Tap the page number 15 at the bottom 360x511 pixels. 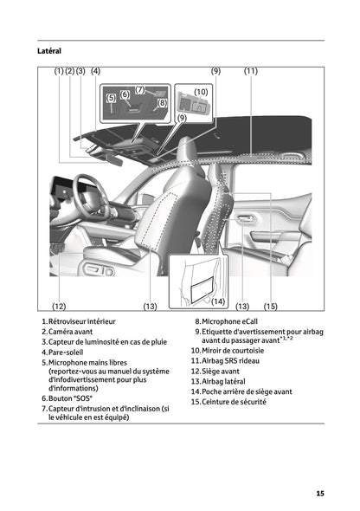pos(319,494)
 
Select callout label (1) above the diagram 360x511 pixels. pos(59,71)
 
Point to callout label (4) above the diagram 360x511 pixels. pos(94,71)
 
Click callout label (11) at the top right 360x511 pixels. pos(251,71)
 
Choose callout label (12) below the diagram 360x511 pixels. pos(59,307)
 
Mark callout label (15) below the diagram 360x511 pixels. pos(270,307)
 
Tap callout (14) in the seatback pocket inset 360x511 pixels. pos(218,301)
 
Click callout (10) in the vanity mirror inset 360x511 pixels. pos(200,91)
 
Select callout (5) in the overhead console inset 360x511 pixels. pos(111,99)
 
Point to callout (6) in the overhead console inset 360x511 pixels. pos(125,94)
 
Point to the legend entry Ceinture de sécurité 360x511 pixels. pos(234,402)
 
